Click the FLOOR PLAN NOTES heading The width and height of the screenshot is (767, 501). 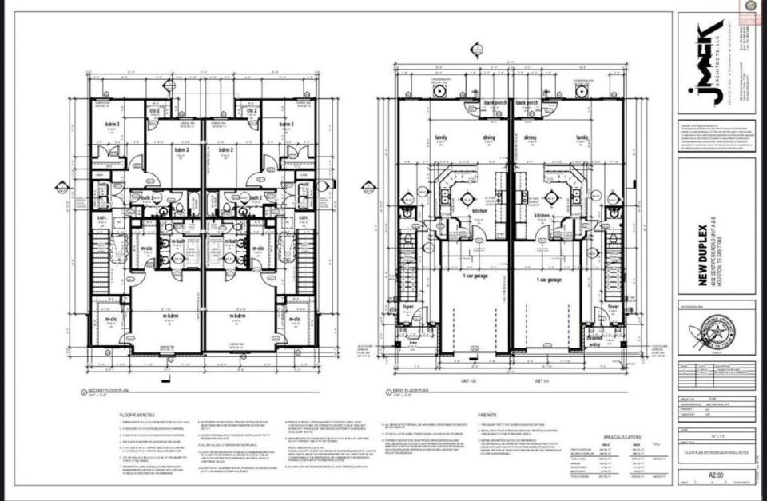pos(143,416)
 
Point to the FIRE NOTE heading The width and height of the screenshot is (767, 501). pos(488,416)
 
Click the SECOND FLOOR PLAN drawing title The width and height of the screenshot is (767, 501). pos(105,391)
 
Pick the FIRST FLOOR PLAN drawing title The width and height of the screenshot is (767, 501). pos(411,391)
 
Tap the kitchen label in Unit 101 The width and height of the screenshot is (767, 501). pos(542,216)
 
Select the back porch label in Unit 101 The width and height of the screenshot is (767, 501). pos(528,103)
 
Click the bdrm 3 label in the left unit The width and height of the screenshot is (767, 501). pos(113,125)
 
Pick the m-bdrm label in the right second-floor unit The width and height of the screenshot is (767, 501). pos(236,316)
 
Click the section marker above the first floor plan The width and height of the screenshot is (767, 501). pos(477,50)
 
